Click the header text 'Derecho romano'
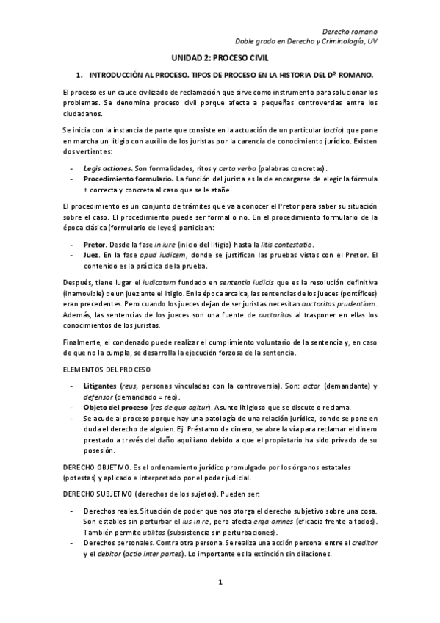point(351,31)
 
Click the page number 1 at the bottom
point(220,583)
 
